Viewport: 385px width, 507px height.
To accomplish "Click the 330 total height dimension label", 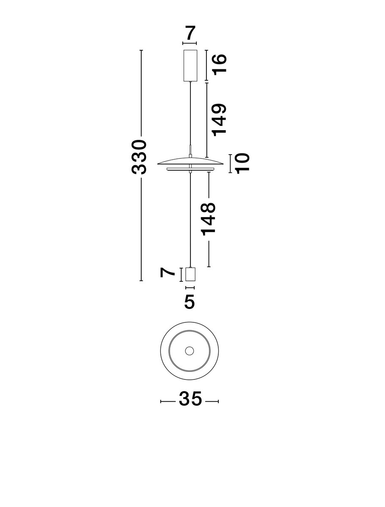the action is [139, 157].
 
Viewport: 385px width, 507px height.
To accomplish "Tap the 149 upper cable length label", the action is [219, 120].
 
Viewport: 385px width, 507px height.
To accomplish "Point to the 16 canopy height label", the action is [220, 65].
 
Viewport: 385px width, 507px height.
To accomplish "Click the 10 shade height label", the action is [242, 164].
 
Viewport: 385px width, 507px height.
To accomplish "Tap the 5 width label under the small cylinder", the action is [190, 301].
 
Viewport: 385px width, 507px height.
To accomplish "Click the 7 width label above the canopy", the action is [190, 33].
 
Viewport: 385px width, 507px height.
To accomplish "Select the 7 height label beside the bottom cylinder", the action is [167, 272].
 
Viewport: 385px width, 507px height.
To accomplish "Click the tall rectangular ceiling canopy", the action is [190, 65].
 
